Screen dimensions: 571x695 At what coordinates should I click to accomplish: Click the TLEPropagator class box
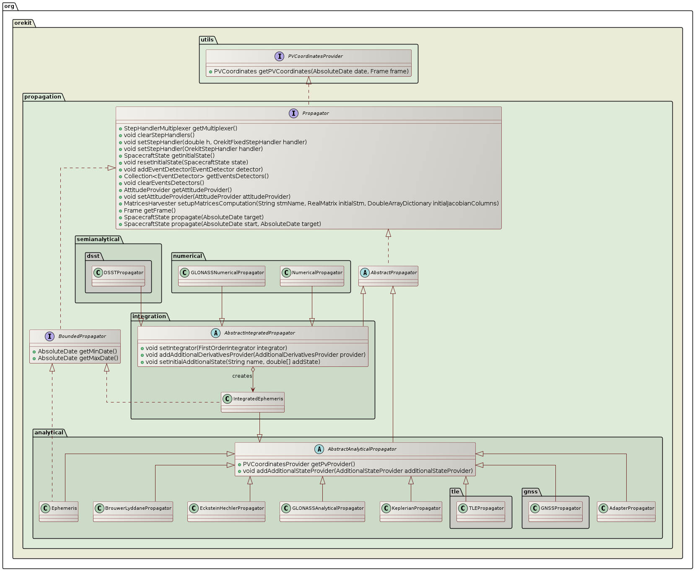[x=481, y=511]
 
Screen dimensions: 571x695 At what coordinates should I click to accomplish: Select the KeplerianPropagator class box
[x=411, y=511]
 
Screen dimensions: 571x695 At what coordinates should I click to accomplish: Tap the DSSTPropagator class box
[x=118, y=275]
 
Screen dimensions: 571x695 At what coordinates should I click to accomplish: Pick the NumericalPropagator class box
[x=312, y=275]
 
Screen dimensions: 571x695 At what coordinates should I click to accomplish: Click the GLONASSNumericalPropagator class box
[x=222, y=275]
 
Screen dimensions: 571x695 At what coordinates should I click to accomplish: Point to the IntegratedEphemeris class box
[x=253, y=402]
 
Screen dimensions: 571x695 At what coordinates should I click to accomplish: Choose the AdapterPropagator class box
[x=626, y=511]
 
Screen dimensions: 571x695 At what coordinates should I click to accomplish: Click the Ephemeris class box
[x=59, y=511]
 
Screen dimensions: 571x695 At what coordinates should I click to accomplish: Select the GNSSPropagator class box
[x=555, y=511]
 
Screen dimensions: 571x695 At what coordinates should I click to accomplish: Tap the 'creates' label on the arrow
[x=242, y=376]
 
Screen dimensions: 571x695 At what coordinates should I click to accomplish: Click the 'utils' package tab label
[x=207, y=40]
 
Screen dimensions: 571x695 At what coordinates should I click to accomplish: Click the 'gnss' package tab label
[x=530, y=492]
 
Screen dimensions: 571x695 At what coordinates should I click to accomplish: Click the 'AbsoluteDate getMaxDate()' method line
[x=78, y=358]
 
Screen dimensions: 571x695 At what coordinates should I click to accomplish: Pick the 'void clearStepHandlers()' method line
[x=159, y=135]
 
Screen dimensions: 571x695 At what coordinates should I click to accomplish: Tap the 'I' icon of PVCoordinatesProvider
[x=280, y=56]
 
